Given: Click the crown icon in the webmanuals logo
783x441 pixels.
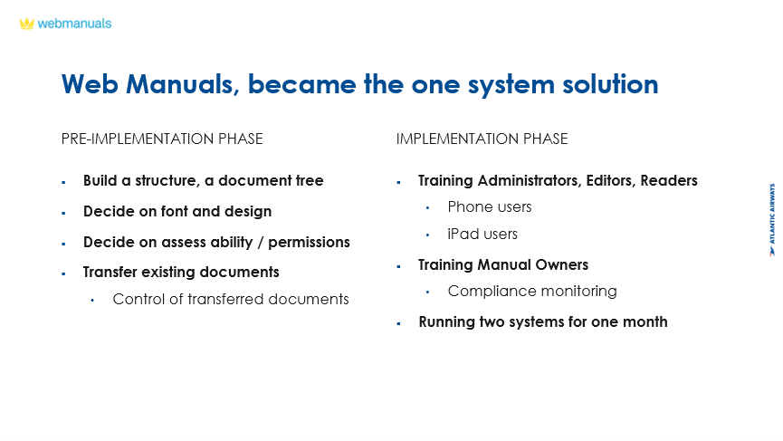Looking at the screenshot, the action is click(x=26, y=24).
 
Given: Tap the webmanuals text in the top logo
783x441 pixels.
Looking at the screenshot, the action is click(x=74, y=24).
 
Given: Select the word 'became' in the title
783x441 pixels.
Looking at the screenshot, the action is click(x=301, y=84).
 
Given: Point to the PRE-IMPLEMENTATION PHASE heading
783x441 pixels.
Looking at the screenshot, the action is click(x=162, y=139).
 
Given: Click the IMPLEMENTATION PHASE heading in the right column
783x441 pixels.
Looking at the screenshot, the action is click(x=482, y=139).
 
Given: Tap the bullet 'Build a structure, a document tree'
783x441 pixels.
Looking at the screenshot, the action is click(x=204, y=180).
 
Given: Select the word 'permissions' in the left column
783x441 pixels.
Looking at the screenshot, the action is click(x=309, y=242).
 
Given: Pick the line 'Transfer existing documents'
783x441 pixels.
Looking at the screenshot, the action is click(x=181, y=273).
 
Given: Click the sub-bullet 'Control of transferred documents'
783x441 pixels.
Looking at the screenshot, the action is click(x=231, y=299).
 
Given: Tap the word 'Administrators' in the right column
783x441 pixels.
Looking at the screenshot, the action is click(x=530, y=180).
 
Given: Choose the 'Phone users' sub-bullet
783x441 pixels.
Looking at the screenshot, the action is click(x=490, y=206).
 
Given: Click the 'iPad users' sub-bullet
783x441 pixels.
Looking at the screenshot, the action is click(x=482, y=234).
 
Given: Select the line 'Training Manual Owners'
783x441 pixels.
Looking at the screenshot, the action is click(x=503, y=264).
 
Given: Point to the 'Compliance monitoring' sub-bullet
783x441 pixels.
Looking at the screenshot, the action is click(x=532, y=292).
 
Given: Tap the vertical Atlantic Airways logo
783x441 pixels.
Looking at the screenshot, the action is click(x=772, y=220).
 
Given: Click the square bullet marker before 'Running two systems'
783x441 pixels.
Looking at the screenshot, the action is click(x=398, y=323).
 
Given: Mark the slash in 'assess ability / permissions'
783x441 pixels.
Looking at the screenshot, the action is click(x=261, y=242).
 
